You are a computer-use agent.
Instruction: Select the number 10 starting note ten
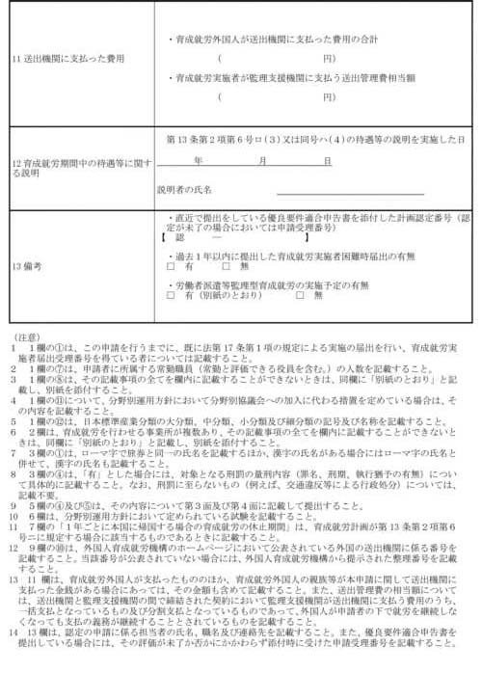point(14,489)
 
